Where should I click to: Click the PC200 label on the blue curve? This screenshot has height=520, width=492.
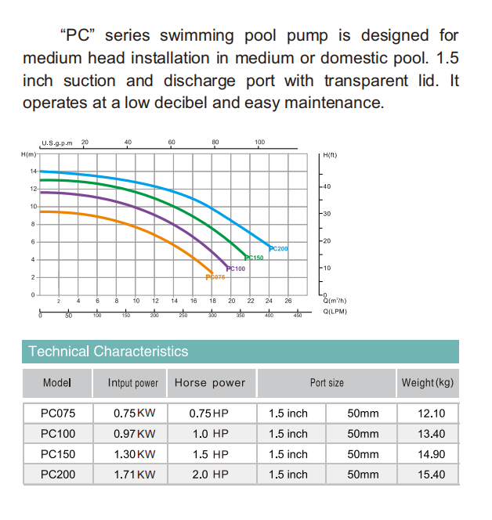[x=279, y=248]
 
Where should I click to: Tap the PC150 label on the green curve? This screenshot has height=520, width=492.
[x=255, y=258]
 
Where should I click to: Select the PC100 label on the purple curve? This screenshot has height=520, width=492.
[x=236, y=269]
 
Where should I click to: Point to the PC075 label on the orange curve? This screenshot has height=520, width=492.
[x=215, y=277]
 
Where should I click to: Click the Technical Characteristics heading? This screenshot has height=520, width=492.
[x=108, y=352]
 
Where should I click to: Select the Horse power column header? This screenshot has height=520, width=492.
[x=210, y=383]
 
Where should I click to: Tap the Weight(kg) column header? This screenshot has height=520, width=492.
[x=427, y=383]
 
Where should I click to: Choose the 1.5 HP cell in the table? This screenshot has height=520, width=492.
[x=209, y=454]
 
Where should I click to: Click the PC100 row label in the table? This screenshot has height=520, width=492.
[x=57, y=434]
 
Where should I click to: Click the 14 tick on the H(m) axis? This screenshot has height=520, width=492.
[x=33, y=171]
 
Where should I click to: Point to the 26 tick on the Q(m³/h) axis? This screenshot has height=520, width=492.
[x=288, y=301]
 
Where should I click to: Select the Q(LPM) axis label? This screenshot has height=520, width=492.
[x=335, y=311]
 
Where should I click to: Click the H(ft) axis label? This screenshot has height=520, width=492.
[x=330, y=156]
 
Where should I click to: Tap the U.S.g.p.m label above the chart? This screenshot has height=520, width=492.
[x=56, y=143]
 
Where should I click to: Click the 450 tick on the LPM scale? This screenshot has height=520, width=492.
[x=298, y=316]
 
